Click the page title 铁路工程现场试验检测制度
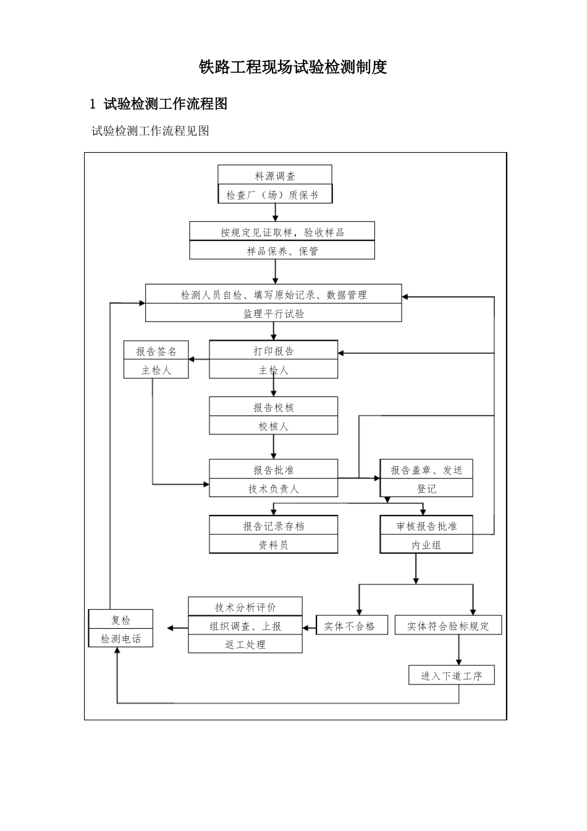[x=293, y=67]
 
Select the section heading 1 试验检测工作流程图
[x=159, y=104]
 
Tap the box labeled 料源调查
[x=274, y=176]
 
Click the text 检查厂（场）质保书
[x=274, y=195]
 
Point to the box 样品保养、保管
[x=282, y=251]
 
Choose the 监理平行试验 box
[x=273, y=313]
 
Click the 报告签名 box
[x=156, y=351]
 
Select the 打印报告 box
[x=273, y=351]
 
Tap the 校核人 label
[x=273, y=426]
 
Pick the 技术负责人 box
[x=273, y=488]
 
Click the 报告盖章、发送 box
[x=426, y=470]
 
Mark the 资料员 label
[x=273, y=545]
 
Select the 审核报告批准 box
[x=426, y=526]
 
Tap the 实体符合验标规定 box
[x=448, y=626]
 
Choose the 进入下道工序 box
[x=451, y=675]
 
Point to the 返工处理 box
[x=245, y=644]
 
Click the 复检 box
[x=120, y=620]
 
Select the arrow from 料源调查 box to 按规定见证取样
[x=275, y=213]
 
